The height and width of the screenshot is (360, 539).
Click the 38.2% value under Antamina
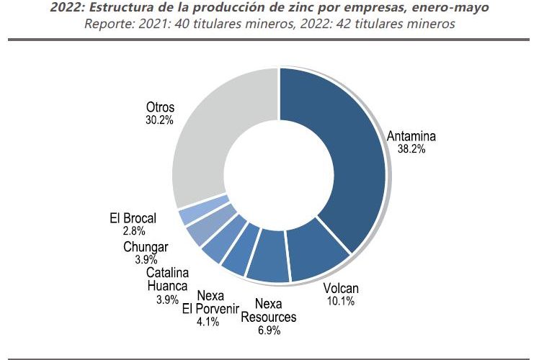(x=411, y=149)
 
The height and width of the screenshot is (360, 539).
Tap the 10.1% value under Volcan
(x=340, y=301)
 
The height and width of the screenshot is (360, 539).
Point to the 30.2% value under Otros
(x=159, y=120)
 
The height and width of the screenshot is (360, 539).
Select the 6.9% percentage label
(x=269, y=330)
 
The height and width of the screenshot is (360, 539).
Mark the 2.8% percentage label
(x=134, y=231)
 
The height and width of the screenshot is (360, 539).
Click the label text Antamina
(x=411, y=136)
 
